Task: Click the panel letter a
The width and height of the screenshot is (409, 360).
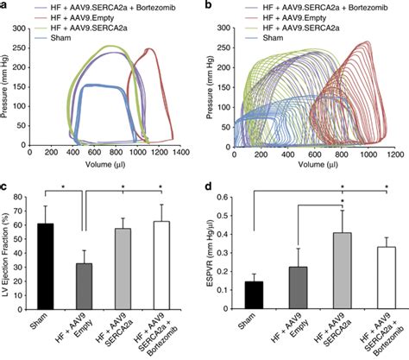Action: [x=4, y=5]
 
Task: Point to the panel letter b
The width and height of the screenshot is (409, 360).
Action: [x=211, y=5]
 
